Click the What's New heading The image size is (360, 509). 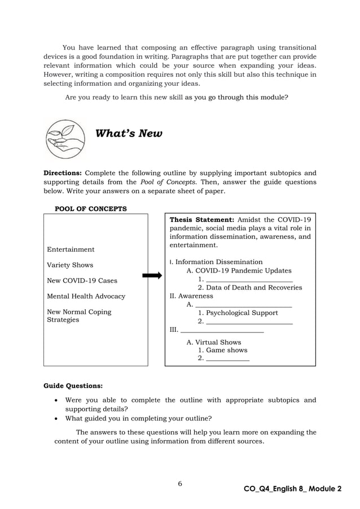click(129, 134)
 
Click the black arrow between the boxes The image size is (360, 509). click(152, 275)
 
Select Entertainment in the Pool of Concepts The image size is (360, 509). click(71, 249)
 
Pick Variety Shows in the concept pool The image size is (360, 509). click(70, 265)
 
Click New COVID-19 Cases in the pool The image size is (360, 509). click(82, 281)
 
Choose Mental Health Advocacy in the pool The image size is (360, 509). click(86, 296)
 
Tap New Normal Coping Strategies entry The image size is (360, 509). click(79, 316)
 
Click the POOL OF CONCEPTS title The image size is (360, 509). click(90, 209)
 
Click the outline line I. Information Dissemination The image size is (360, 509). click(216, 262)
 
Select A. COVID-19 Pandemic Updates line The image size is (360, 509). click(239, 270)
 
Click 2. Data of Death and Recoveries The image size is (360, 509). click(249, 288)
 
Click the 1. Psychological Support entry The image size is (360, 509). click(238, 313)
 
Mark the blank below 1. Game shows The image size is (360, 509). click(228, 358)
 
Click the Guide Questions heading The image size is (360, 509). click(73, 387)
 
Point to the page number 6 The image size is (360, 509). click(179, 484)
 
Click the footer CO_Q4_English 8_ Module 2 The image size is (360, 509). click(292, 488)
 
